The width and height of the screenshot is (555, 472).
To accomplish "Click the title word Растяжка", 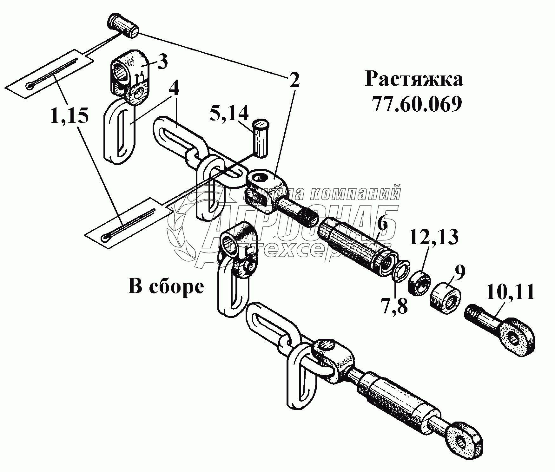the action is (x=414, y=79).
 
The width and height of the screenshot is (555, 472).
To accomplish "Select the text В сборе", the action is (x=166, y=286).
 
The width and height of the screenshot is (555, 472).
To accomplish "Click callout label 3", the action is (x=162, y=62).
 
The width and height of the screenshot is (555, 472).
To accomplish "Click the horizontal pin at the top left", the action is (x=124, y=26).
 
